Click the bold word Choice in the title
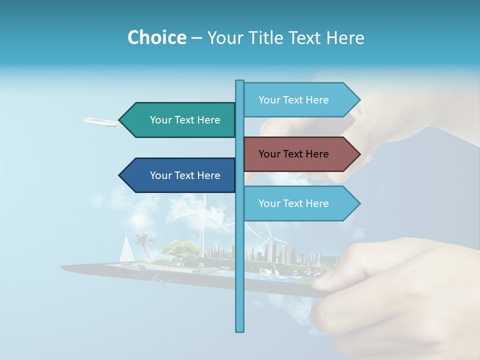click(x=156, y=37)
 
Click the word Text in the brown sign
click(x=293, y=154)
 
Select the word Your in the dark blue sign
click(x=160, y=175)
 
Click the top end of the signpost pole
click(x=239, y=82)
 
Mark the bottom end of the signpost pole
click(x=239, y=330)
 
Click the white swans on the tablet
click(x=274, y=272)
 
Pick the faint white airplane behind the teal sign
click(x=102, y=121)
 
